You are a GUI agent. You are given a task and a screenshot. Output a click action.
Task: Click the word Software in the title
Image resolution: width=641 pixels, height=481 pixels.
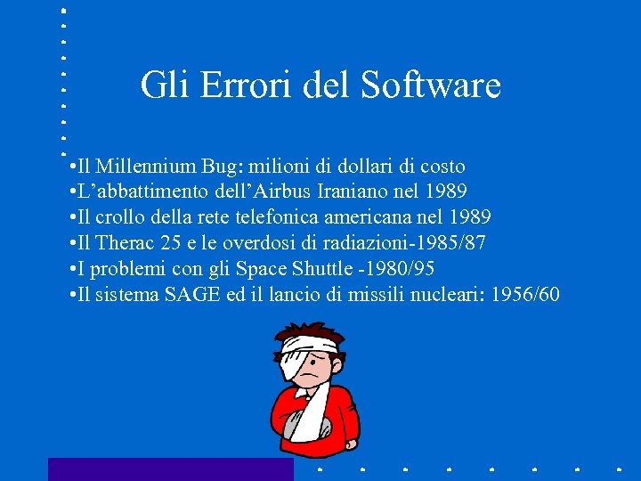click(x=431, y=86)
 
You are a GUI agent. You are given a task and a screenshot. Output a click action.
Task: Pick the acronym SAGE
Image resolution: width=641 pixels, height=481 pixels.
click(x=192, y=295)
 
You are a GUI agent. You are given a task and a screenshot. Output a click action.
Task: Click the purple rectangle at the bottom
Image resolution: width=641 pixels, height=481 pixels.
click(x=170, y=469)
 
